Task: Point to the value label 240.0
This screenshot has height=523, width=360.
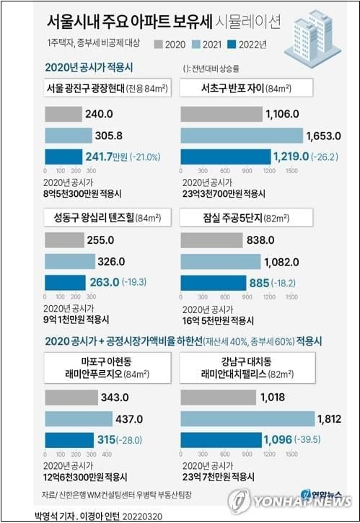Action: [x=100, y=114]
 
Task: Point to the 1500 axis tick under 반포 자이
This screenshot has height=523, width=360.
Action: [x=292, y=172]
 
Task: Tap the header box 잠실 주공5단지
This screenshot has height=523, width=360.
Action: [x=246, y=217]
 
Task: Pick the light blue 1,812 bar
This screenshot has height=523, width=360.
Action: [x=248, y=418]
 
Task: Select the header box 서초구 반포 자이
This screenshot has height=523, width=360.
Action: [x=246, y=89]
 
